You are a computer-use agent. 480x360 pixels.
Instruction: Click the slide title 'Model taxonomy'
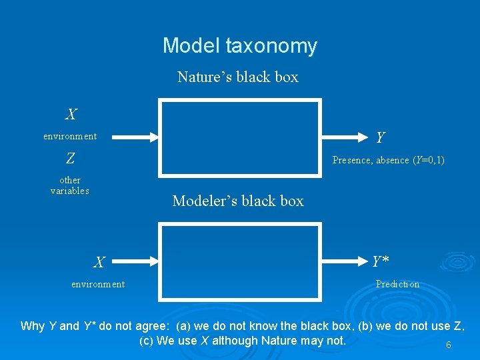pos(240,46)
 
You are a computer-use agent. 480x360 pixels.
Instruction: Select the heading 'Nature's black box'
pos(238,77)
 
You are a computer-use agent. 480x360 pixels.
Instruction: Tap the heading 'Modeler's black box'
pos(238,201)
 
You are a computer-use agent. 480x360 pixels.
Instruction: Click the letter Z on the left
pos(70,159)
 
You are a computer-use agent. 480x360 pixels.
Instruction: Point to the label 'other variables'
pos(70,185)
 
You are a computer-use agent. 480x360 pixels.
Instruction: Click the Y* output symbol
pos(381,261)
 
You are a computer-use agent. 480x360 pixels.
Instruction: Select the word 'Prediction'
pos(397,284)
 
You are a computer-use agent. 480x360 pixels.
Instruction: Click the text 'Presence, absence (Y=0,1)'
pos(389,160)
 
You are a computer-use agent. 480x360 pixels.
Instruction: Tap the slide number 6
pos(448,345)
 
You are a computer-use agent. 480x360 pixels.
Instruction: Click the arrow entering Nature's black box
pos(130,137)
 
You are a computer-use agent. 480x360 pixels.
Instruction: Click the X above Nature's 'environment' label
pos(70,115)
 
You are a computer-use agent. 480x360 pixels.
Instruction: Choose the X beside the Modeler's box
pos(98,263)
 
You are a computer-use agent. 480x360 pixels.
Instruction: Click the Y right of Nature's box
pos(380,137)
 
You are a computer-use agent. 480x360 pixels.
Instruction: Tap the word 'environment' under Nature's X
pos(70,136)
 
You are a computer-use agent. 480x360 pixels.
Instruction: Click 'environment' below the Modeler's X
pos(98,284)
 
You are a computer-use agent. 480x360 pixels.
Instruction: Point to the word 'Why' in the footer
pos(33,326)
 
